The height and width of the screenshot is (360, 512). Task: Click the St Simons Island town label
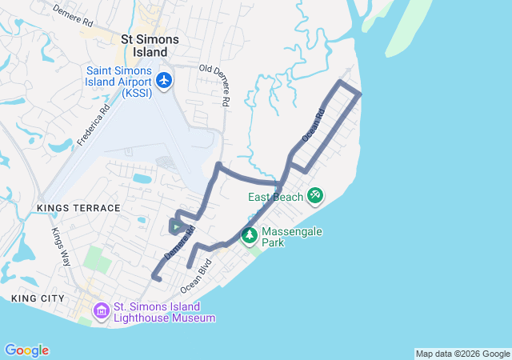point(149,46)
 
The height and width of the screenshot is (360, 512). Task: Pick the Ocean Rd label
point(314,126)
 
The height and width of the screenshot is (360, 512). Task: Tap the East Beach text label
point(275,197)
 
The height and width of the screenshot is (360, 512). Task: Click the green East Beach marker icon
point(314,195)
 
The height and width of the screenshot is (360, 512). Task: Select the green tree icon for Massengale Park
point(250,235)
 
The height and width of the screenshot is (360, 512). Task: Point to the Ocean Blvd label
point(196,274)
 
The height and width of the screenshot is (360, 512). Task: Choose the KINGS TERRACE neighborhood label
point(78,208)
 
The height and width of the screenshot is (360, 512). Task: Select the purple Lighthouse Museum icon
point(102,310)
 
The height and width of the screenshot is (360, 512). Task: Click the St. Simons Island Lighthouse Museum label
point(164,311)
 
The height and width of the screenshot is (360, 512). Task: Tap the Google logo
point(26,350)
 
